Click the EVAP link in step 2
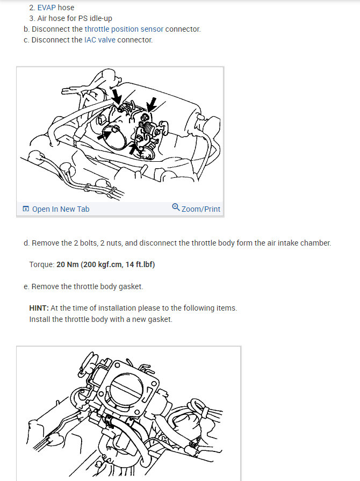click(47, 8)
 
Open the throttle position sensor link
click(124, 29)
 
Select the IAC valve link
click(99, 40)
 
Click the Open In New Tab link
click(61, 209)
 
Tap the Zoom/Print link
click(201, 209)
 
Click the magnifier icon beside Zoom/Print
click(176, 207)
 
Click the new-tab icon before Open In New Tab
click(26, 209)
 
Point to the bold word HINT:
click(39, 308)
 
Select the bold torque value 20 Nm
click(68, 264)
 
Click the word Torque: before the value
click(42, 264)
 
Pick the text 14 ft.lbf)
click(140, 264)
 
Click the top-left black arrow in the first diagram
click(117, 96)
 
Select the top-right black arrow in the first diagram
click(152, 104)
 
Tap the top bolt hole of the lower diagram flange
click(117, 365)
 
